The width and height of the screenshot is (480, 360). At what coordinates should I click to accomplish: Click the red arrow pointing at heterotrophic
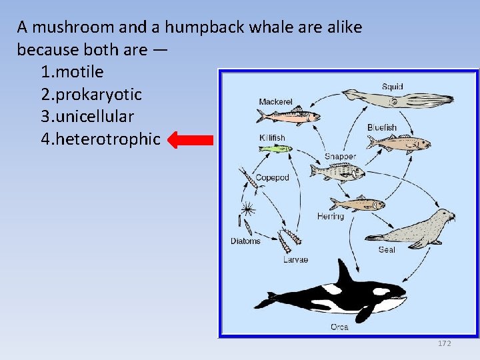(189, 140)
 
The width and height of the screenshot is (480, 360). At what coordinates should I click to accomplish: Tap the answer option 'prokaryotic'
(91, 94)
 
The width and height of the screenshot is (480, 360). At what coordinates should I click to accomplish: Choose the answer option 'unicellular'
(87, 117)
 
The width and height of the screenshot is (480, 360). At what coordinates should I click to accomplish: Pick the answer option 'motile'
(71, 71)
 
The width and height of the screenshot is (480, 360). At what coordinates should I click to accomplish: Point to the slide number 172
(444, 343)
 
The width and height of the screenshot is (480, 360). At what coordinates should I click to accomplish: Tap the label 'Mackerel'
(275, 102)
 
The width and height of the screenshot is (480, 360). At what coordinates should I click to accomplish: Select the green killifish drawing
(275, 149)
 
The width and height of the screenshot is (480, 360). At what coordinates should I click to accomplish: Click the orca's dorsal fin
(345, 273)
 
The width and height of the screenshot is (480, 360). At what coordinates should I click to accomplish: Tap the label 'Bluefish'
(382, 127)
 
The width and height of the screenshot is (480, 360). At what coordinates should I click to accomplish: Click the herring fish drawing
(356, 204)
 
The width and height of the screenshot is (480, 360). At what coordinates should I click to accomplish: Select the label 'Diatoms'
(245, 241)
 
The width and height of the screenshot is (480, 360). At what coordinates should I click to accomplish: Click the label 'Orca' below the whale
(339, 327)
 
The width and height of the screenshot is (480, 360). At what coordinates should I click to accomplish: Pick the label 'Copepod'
(272, 178)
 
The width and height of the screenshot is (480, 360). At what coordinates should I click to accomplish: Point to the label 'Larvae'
(295, 259)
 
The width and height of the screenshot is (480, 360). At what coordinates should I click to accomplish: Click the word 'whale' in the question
(281, 27)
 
